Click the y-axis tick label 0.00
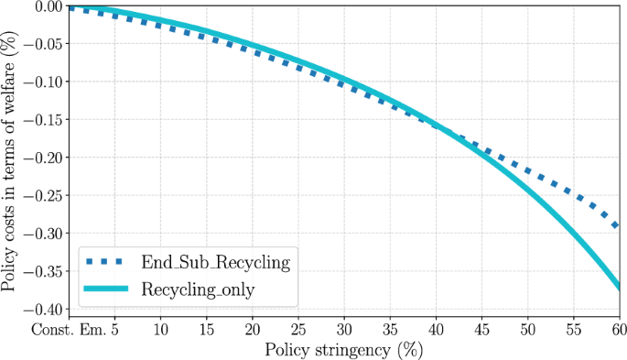pyautogui.click(x=48, y=7)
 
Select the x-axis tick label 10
pyautogui.click(x=161, y=328)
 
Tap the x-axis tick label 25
pyautogui.click(x=298, y=328)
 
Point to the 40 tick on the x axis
pyautogui.click(x=436, y=328)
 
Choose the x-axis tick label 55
pyautogui.click(x=573, y=328)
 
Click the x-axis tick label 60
pyautogui.click(x=617, y=328)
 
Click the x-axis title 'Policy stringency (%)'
pyautogui.click(x=344, y=349)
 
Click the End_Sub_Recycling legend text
pyautogui.click(x=215, y=264)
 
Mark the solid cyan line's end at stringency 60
pyautogui.click(x=618, y=288)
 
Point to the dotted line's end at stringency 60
pyautogui.click(x=617, y=225)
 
